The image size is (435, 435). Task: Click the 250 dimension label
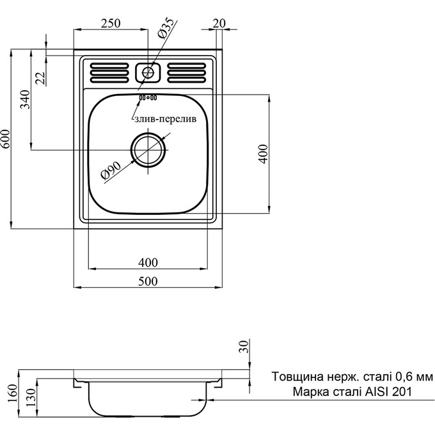(111, 24)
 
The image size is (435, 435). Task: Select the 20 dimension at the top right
(218, 24)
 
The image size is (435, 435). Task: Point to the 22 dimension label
(40, 78)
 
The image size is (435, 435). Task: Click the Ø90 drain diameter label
(111, 171)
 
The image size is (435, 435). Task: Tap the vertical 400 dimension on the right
(262, 154)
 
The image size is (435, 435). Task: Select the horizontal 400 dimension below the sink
(148, 262)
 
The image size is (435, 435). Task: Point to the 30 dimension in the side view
(242, 347)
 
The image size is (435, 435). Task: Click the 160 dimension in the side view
(12, 390)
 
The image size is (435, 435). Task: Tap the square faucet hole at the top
(149, 72)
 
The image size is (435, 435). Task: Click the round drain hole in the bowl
(148, 151)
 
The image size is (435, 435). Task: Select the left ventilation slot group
(111, 72)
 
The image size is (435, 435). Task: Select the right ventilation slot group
(187, 72)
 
